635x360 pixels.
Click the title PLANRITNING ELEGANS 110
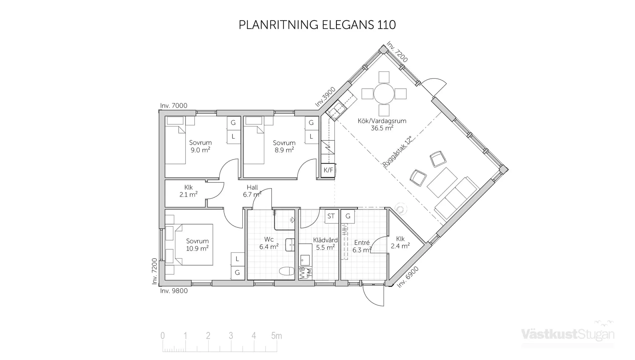click(317, 25)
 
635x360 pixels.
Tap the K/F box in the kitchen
click(328, 170)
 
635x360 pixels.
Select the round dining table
click(384, 94)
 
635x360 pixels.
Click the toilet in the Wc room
click(286, 271)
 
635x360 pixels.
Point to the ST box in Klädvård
click(331, 216)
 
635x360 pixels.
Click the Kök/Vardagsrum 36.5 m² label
click(382, 124)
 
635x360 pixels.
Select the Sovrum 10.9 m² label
click(197, 245)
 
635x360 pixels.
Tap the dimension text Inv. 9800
click(174, 291)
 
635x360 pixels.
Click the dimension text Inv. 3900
click(325, 97)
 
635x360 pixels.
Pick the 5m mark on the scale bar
click(276, 336)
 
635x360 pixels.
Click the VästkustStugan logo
click(568, 334)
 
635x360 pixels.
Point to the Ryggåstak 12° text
click(397, 151)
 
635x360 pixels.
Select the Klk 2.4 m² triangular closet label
click(400, 242)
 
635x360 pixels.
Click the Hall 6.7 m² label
click(252, 191)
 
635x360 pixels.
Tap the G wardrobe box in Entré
click(348, 216)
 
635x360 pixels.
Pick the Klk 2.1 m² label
click(188, 191)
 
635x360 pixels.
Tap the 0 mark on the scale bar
click(162, 336)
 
